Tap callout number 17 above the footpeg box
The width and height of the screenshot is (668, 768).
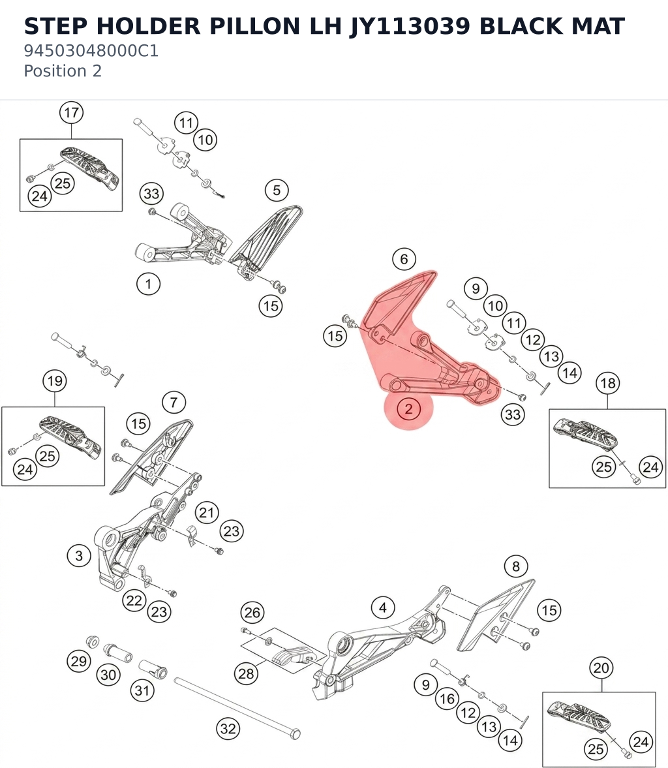pos(72,113)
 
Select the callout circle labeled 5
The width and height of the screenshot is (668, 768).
pos(277,190)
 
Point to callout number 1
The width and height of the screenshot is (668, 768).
pos(148,284)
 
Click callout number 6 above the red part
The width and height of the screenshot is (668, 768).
pos(404,258)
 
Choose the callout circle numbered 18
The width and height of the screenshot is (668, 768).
pos(608,382)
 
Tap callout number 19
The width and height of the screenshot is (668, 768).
pos(55,380)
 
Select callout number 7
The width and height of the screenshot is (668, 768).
pos(174,403)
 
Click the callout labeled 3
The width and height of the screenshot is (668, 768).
pos(79,555)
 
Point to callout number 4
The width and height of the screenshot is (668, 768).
pos(383,608)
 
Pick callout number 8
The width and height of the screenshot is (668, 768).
pos(516,566)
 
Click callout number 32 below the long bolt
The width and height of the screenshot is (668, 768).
pos(228,728)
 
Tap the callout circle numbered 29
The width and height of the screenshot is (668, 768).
pos(79,661)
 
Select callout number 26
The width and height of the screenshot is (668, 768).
pos(252,612)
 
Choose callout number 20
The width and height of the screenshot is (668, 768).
pos(601,668)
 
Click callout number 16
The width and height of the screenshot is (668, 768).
pos(447,698)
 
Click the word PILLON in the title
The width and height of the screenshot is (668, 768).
pos(254,26)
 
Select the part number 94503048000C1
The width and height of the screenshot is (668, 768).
pos(91,51)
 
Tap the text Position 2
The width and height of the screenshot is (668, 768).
pos(63,71)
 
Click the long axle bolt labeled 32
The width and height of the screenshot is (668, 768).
pos(237,707)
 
